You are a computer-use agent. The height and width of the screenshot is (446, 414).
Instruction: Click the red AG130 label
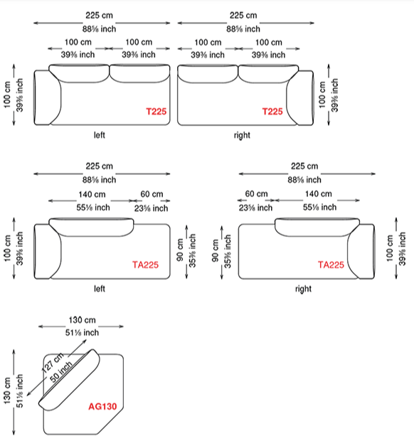[102, 406]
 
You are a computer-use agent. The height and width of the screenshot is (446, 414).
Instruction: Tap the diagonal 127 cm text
[53, 362]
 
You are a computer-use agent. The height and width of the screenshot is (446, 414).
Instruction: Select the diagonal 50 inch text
[61, 372]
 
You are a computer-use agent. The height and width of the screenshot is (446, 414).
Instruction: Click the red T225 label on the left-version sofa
[156, 111]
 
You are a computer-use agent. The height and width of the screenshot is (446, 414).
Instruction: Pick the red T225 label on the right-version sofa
[272, 111]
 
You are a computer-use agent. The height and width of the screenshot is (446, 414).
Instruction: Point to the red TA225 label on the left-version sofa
[145, 265]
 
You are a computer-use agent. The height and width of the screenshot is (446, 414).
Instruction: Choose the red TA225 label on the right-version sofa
[331, 265]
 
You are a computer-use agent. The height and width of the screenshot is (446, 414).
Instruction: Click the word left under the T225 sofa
[100, 135]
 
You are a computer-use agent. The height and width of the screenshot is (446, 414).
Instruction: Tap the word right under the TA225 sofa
[303, 289]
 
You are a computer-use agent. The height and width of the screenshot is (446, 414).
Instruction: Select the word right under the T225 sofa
[242, 135]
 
